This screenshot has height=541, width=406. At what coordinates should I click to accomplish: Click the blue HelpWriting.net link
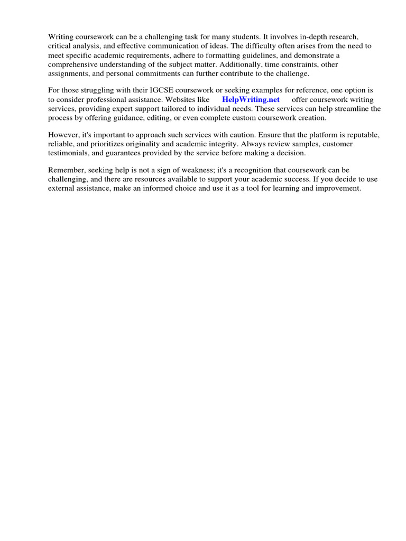click(251, 99)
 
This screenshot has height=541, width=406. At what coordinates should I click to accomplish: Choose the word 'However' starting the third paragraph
click(63, 135)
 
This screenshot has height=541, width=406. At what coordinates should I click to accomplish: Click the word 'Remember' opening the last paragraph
click(66, 170)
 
